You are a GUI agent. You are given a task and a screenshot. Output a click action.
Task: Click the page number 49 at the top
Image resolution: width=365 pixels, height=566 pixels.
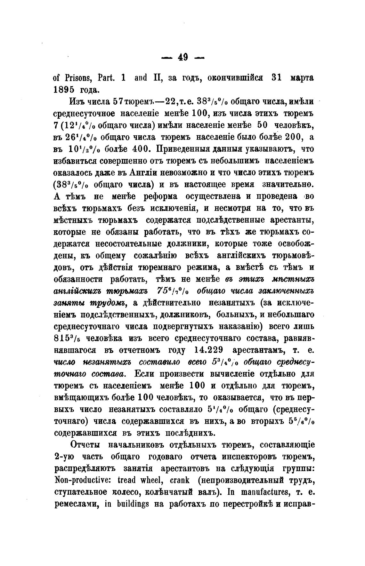click(x=183, y=57)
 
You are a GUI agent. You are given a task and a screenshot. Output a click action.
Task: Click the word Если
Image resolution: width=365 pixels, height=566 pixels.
click(x=146, y=374)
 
